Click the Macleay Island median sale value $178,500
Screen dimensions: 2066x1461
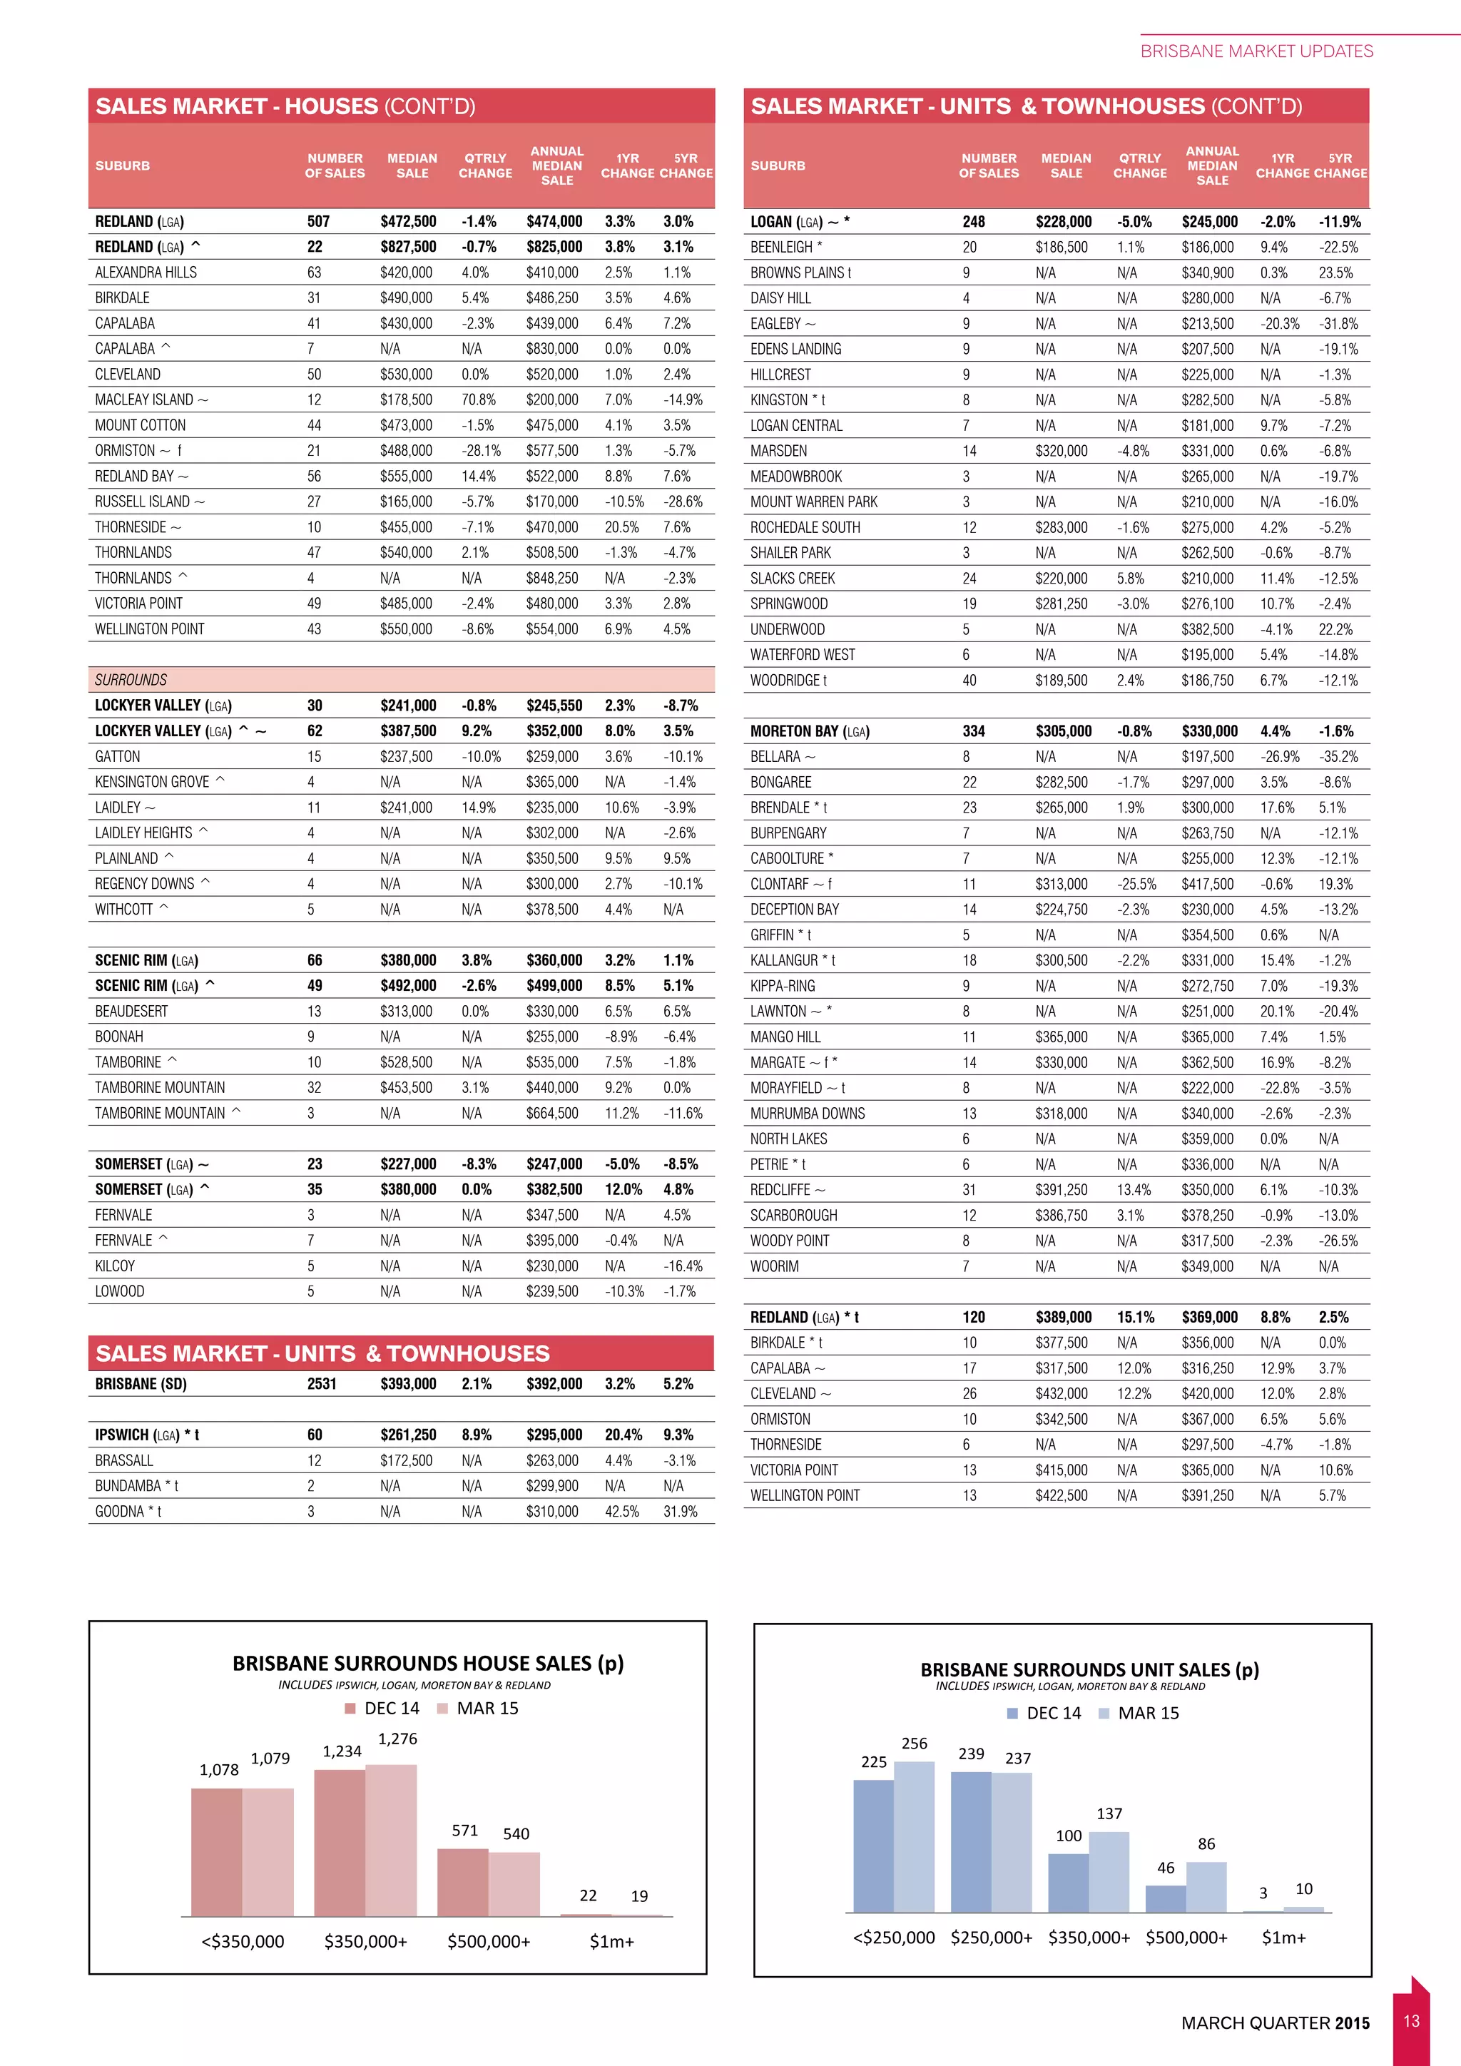point(406,400)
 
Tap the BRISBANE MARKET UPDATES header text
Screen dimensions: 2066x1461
point(1256,51)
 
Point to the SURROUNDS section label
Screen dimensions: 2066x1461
point(131,679)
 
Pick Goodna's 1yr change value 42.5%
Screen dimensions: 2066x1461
point(621,1511)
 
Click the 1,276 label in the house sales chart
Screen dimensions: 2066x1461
point(397,1739)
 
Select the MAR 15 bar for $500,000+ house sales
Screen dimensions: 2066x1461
point(514,1883)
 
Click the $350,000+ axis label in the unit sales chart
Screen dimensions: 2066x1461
point(1089,1938)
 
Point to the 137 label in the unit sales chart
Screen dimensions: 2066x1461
point(1109,1813)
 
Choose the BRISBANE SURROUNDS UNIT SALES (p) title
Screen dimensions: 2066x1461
point(1089,1670)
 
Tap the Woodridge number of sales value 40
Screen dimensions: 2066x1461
point(969,681)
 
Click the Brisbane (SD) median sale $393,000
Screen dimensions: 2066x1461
point(407,1384)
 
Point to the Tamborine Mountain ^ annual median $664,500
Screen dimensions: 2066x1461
point(552,1113)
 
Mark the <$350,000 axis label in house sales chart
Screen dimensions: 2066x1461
point(243,1941)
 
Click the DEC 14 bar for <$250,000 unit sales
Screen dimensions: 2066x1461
point(874,1846)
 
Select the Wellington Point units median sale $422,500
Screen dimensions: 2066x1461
point(1061,1495)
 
